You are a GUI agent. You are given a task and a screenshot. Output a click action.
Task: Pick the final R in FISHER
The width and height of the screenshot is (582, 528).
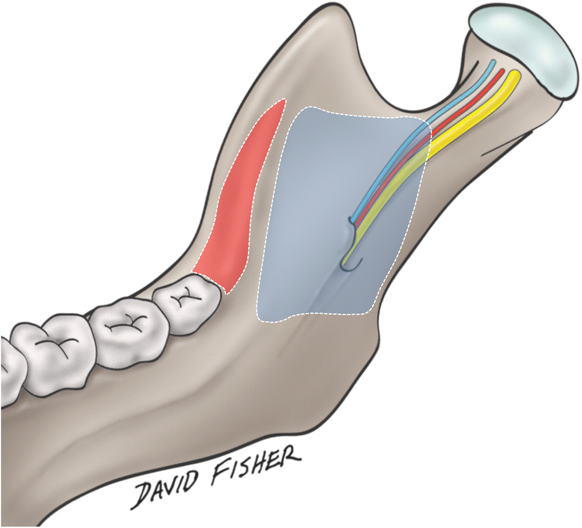(291, 463)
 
